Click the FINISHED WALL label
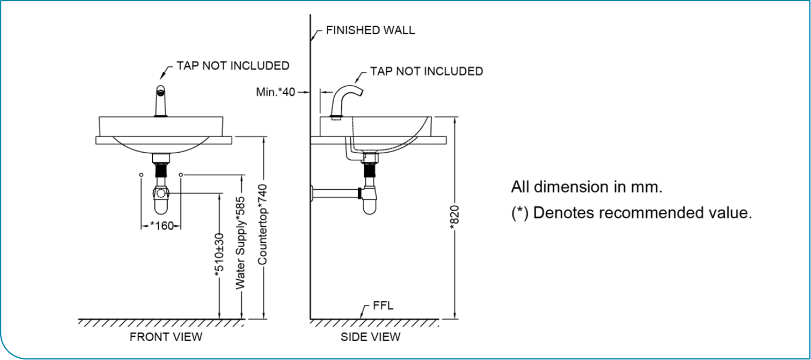coord(370,30)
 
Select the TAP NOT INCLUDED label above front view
coord(233,66)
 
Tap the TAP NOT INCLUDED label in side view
coord(427,71)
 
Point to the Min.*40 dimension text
coord(275,92)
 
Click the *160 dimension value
coord(162,225)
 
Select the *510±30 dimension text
coord(220,255)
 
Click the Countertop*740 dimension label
coord(263,225)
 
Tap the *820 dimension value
coord(454,217)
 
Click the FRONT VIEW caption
coord(166,337)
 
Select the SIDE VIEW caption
coord(371,337)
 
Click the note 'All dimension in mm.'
coord(586,187)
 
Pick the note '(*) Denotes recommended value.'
coord(631,213)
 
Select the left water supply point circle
coord(141,175)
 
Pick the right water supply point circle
coord(181,175)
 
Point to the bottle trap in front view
coord(161,199)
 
